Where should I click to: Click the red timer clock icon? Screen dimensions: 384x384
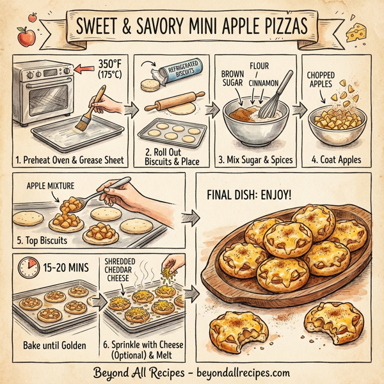tap(27, 269)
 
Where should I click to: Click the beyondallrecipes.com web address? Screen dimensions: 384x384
tap(236, 372)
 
